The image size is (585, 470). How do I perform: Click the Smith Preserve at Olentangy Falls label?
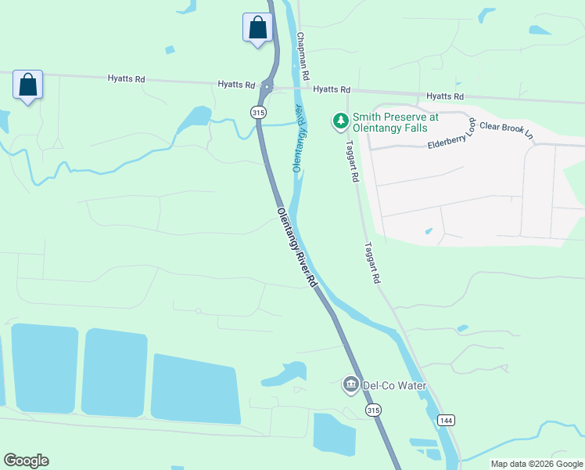click(x=395, y=121)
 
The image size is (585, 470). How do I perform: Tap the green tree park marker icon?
click(x=340, y=121)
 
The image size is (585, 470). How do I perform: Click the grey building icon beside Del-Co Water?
click(x=350, y=385)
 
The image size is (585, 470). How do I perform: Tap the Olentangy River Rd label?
click(x=298, y=248)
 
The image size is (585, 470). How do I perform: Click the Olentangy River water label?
click(x=299, y=138)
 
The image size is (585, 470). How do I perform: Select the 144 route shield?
click(x=446, y=421)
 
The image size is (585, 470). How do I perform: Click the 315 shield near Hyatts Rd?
click(x=258, y=113)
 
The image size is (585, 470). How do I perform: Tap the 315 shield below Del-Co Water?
click(x=374, y=410)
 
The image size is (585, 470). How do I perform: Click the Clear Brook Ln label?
click(x=506, y=129)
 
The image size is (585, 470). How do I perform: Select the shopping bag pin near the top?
click(x=257, y=28)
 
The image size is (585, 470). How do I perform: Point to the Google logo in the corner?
click(x=26, y=460)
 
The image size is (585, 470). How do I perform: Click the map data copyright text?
click(x=536, y=464)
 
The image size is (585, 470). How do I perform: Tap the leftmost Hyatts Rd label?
click(x=126, y=78)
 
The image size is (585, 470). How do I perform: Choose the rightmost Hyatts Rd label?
click(x=445, y=96)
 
